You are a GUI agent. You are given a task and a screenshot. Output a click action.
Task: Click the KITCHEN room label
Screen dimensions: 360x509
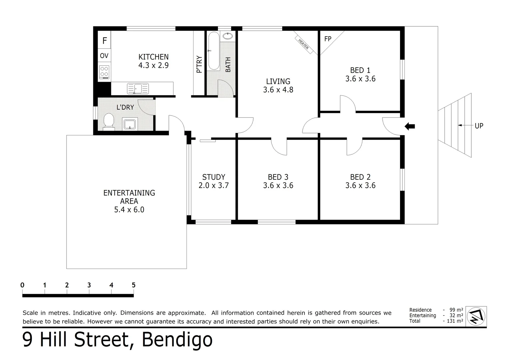click(153, 57)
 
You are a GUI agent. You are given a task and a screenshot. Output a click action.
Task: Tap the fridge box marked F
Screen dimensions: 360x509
click(105, 41)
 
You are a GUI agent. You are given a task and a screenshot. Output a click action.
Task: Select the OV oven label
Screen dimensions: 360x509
click(104, 56)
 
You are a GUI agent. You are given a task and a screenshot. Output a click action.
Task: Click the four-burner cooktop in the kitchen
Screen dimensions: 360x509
click(104, 72)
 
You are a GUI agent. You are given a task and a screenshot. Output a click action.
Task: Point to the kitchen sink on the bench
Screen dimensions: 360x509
click(138, 89)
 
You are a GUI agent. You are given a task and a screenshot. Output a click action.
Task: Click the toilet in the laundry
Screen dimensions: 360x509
click(109, 121)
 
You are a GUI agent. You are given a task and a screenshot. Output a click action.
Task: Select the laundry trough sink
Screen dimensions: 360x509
click(130, 124)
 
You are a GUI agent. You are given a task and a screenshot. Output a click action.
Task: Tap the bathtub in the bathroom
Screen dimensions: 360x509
click(214, 51)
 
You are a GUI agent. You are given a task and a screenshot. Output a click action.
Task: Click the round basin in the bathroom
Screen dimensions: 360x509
click(228, 36)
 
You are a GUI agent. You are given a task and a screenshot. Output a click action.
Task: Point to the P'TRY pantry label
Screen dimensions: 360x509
click(199, 64)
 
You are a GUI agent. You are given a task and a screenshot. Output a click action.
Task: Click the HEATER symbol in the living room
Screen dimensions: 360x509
click(303, 44)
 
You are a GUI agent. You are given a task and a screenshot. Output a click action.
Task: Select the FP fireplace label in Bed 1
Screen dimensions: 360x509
click(328, 39)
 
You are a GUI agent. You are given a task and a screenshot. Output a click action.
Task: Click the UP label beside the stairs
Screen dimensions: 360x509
click(479, 126)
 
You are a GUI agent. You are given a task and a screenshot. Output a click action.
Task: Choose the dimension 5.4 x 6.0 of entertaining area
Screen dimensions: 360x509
click(129, 210)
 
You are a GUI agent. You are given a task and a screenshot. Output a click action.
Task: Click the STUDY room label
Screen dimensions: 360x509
click(214, 177)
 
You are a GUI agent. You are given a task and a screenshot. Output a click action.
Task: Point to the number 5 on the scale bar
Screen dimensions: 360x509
click(134, 285)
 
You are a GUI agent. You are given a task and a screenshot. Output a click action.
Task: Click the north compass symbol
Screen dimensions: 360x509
click(476, 316)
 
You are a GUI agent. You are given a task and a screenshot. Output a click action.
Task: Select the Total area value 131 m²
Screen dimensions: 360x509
click(455, 321)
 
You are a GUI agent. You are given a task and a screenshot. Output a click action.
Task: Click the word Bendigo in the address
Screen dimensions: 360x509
click(177, 340)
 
